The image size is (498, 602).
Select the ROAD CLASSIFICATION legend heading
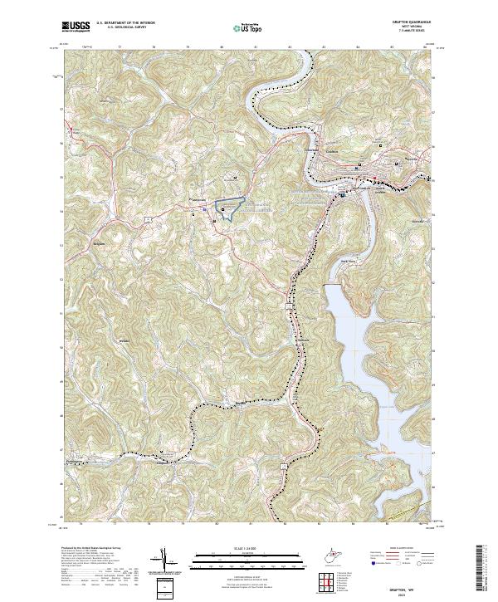394,550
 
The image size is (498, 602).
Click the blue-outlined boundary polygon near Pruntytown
230,206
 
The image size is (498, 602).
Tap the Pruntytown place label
198,200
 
